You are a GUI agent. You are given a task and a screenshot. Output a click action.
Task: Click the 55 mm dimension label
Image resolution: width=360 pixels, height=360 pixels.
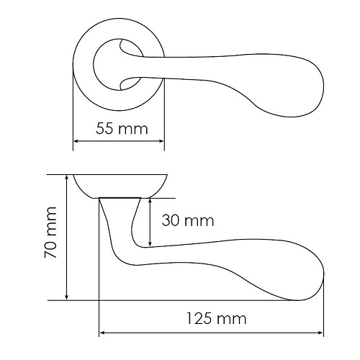click(122, 129)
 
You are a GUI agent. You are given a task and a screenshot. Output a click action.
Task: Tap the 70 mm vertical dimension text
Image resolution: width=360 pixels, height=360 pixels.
click(50, 233)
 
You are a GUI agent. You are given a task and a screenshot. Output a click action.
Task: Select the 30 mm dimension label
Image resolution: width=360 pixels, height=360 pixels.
click(188, 220)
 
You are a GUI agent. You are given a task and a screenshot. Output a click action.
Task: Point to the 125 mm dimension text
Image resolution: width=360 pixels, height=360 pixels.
click(217, 319)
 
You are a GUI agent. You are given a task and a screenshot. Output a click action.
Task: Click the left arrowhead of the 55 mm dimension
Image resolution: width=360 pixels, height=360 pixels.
click(76, 141)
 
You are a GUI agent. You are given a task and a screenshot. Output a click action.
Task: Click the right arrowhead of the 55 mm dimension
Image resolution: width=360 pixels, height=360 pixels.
click(161, 141)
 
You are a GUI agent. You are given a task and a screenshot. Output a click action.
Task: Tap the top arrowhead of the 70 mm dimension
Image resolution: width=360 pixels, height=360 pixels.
click(67, 178)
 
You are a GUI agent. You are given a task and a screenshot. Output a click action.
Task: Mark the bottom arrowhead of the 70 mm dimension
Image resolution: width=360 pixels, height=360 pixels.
click(67, 297)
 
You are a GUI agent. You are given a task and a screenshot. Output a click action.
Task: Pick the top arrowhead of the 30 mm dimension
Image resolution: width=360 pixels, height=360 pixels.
click(150, 202)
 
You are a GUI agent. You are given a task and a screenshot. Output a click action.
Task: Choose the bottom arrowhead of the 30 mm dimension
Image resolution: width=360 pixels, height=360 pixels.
click(150, 243)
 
